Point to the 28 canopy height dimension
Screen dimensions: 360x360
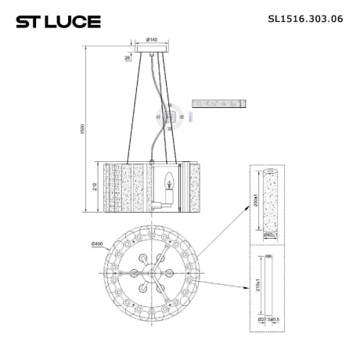[126, 57]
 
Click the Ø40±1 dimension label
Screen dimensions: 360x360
[272, 233]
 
